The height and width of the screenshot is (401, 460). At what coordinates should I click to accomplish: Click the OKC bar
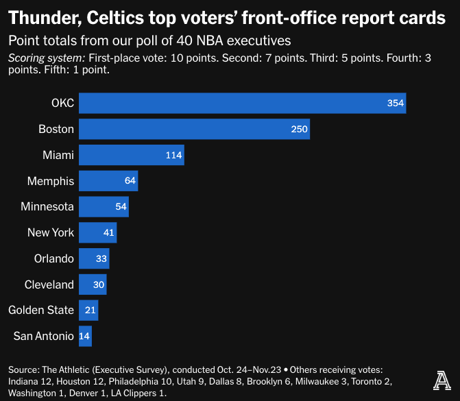(242, 103)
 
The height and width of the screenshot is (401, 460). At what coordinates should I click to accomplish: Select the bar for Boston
(194, 129)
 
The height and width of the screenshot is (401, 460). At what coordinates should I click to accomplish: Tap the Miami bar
(132, 155)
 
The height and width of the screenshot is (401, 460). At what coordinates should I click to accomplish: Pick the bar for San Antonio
(85, 336)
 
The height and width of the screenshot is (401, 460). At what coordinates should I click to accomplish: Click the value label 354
(395, 103)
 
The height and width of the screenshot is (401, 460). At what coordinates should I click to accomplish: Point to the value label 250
(299, 129)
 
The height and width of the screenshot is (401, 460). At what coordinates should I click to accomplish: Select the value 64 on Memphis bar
(130, 180)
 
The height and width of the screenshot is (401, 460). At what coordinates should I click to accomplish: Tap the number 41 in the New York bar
(108, 232)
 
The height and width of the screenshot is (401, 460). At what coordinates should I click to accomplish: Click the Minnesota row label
(47, 206)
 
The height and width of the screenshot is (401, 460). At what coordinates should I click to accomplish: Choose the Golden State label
(41, 310)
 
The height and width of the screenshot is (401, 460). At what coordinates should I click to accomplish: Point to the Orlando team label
(54, 258)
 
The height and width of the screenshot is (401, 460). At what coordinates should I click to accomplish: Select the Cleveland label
(49, 284)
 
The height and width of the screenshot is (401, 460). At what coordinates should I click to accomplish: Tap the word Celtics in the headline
(115, 18)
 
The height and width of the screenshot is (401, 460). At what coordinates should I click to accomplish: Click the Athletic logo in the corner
(441, 380)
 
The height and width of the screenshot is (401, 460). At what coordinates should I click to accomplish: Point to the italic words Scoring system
(47, 58)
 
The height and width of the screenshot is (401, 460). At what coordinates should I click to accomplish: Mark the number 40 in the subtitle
(184, 40)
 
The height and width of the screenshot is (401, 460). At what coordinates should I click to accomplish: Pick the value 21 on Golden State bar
(90, 310)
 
